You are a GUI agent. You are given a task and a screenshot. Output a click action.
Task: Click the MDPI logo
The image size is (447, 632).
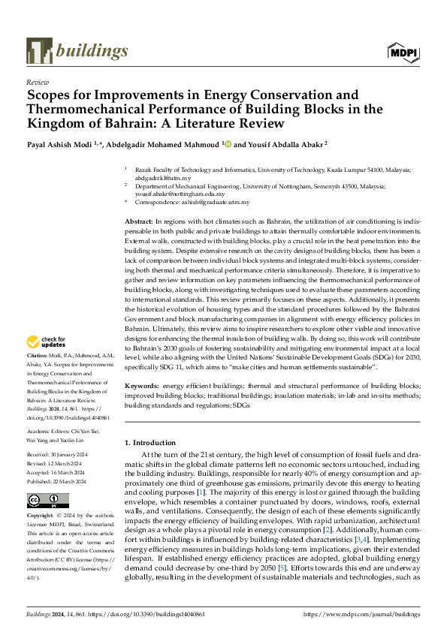(403, 51)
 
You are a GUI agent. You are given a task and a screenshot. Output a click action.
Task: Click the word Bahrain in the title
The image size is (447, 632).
(105, 122)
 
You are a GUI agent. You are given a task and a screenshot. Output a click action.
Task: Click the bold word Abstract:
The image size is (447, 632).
(138, 222)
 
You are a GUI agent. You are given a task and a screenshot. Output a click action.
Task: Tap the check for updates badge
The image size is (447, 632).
(48, 343)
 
